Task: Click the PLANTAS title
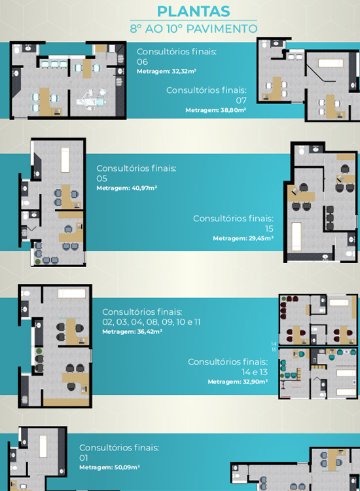(x=194, y=12)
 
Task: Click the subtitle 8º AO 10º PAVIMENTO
(x=194, y=29)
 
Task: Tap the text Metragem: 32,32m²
(x=166, y=71)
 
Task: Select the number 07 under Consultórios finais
(x=241, y=101)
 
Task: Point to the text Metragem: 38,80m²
(x=216, y=110)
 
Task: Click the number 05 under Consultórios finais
(x=101, y=179)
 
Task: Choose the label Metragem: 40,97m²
(x=127, y=188)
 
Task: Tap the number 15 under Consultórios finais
(x=269, y=228)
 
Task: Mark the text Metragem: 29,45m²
(x=243, y=238)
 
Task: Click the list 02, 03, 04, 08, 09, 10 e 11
(x=151, y=322)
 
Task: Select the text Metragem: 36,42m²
(x=132, y=332)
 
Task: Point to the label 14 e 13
(x=255, y=372)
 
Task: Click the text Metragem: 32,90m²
(x=238, y=382)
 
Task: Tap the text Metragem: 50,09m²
(x=109, y=467)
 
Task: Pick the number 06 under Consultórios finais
(x=142, y=62)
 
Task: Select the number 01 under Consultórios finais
(x=84, y=458)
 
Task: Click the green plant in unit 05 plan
(x=38, y=261)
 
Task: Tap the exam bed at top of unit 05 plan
(x=65, y=160)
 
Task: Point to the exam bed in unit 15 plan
(x=297, y=236)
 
